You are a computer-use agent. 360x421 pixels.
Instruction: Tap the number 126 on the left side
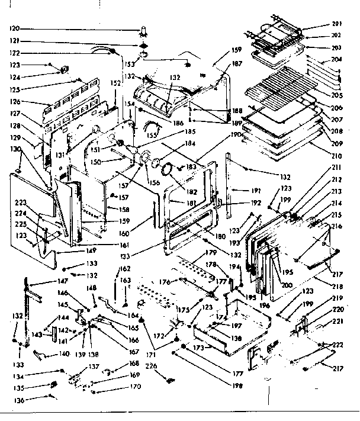[x=15, y=101]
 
